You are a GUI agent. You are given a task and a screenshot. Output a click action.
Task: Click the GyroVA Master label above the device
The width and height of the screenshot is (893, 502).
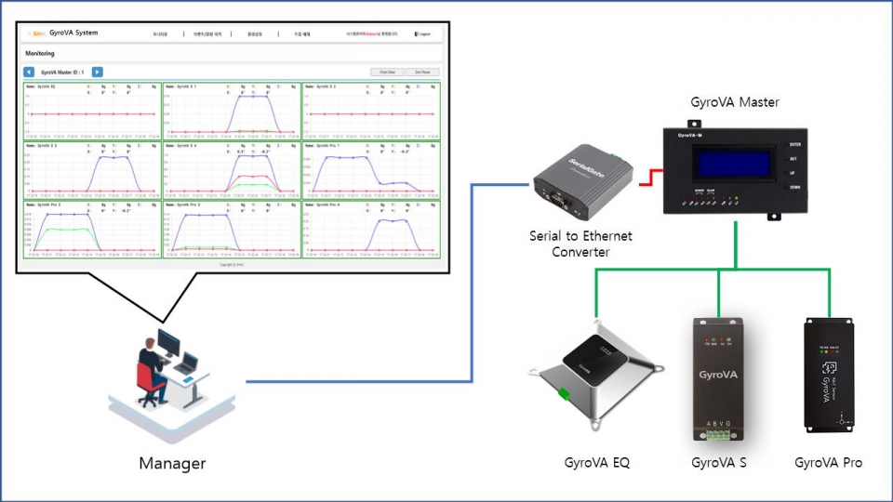click(734, 102)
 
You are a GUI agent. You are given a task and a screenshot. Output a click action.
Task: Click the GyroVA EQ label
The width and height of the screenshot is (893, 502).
click(596, 462)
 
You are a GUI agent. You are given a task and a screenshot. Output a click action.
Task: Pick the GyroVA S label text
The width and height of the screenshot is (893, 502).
click(718, 462)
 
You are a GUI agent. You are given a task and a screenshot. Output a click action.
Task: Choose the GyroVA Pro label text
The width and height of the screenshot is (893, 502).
click(828, 462)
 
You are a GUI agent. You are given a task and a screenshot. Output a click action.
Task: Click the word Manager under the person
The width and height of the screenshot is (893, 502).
click(172, 463)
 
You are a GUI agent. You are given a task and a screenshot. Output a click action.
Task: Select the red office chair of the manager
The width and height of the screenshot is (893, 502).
click(148, 381)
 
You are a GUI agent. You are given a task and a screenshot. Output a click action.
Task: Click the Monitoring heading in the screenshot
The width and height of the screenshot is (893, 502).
click(39, 54)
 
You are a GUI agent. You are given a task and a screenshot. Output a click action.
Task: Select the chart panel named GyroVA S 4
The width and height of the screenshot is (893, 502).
click(231, 169)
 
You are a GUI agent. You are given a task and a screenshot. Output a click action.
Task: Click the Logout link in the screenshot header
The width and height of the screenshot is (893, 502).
click(422, 34)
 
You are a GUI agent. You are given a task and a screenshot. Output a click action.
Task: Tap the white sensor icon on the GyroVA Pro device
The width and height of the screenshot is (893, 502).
click(828, 367)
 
